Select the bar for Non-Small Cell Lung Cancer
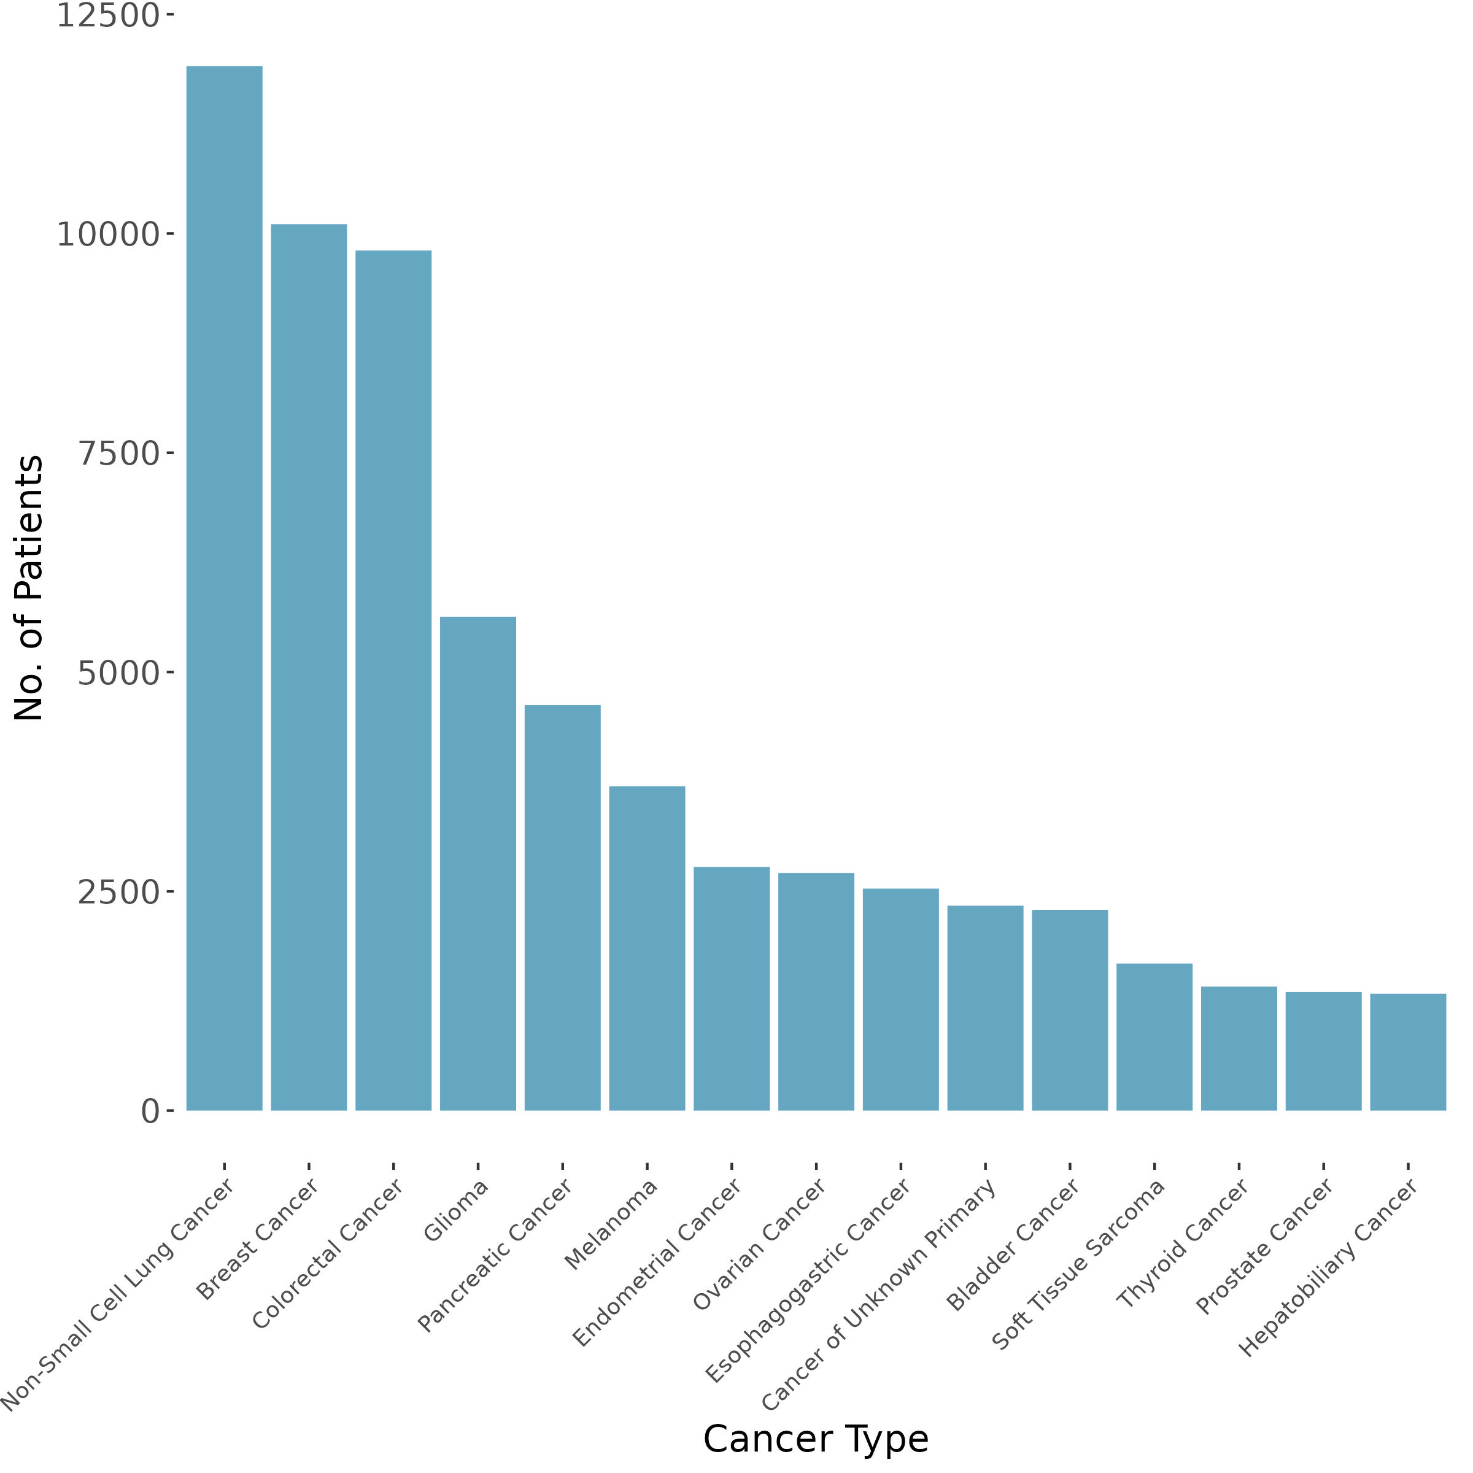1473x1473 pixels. click(224, 588)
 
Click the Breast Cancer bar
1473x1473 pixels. click(309, 667)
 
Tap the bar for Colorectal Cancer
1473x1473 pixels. click(393, 680)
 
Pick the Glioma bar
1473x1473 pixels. click(478, 863)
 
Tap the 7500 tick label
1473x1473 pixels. click(118, 454)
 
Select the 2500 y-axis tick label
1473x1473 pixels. click(118, 892)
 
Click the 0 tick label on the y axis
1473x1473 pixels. click(150, 1112)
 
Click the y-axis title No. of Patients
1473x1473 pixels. click(29, 588)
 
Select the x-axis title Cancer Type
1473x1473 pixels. click(816, 1439)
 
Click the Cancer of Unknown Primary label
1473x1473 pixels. click(879, 1294)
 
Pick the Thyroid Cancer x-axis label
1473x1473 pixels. click(1183, 1243)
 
